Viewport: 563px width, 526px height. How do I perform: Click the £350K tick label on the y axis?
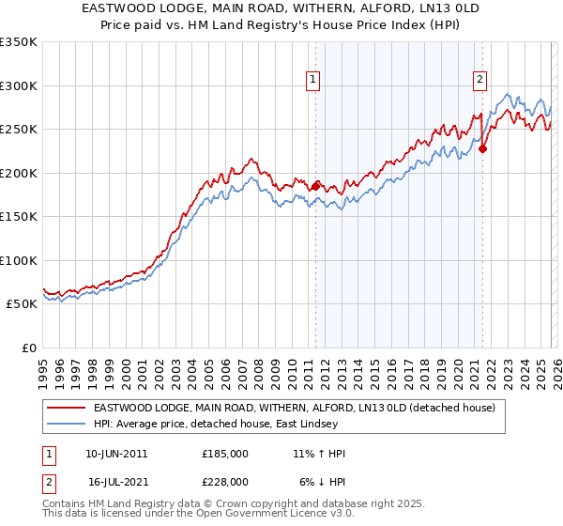coord(19,42)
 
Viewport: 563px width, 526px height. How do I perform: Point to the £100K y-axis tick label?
coord(19,260)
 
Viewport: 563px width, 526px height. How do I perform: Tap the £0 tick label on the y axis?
coord(28,348)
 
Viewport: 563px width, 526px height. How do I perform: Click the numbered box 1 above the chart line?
coord(312,80)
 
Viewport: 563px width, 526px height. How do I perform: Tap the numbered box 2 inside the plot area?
coord(479,80)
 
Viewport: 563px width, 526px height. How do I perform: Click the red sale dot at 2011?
coord(315,186)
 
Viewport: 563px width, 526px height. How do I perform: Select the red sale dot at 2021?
coord(483,148)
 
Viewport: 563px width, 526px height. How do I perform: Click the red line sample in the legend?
coord(67,408)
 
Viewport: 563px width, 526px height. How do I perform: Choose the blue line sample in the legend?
coord(67,425)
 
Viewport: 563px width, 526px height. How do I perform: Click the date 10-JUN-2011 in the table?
coord(116,454)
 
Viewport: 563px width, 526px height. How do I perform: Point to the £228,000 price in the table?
coord(224,480)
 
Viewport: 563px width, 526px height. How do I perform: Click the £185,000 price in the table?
coord(224,454)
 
